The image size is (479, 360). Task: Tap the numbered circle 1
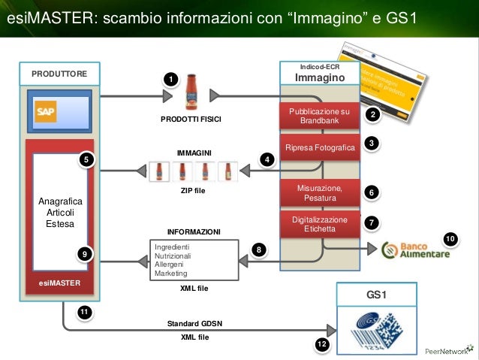point(171,80)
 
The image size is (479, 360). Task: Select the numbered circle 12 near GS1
point(322,344)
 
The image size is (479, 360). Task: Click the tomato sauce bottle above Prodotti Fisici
point(192,92)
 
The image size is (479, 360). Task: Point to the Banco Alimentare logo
point(416,250)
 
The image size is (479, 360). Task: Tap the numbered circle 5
point(87,160)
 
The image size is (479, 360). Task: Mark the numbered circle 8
point(258,250)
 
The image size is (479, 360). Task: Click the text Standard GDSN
point(194,324)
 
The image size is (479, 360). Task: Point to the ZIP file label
point(193,191)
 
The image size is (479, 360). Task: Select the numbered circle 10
point(450,239)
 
